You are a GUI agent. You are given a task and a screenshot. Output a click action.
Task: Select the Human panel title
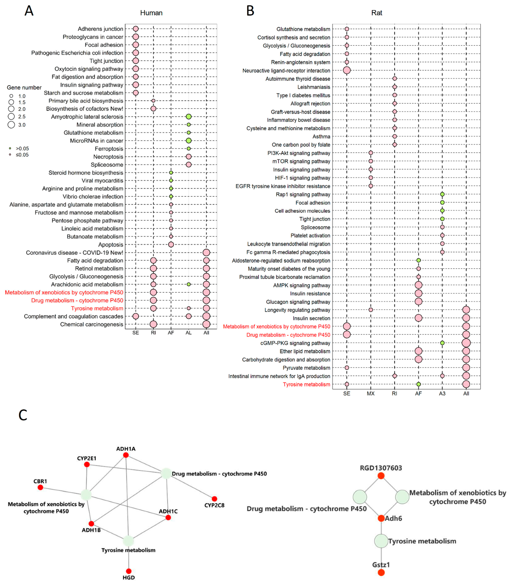click(x=151, y=13)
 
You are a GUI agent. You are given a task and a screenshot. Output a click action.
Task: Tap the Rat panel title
click(x=377, y=13)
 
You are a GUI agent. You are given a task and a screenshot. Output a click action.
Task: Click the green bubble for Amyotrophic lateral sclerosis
click(x=188, y=117)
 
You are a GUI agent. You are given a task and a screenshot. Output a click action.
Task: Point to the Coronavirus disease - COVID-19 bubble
click(x=206, y=252)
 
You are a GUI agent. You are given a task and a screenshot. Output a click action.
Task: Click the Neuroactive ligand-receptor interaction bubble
click(x=347, y=70)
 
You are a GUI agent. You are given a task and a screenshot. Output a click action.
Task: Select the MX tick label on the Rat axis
click(x=371, y=393)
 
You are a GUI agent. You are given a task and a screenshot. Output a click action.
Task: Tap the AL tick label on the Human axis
click(x=188, y=333)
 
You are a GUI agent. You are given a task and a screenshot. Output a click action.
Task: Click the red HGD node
click(x=129, y=571)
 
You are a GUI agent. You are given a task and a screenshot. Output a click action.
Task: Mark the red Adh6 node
click(x=381, y=518)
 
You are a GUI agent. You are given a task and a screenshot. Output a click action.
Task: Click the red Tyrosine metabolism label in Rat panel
click(x=306, y=384)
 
